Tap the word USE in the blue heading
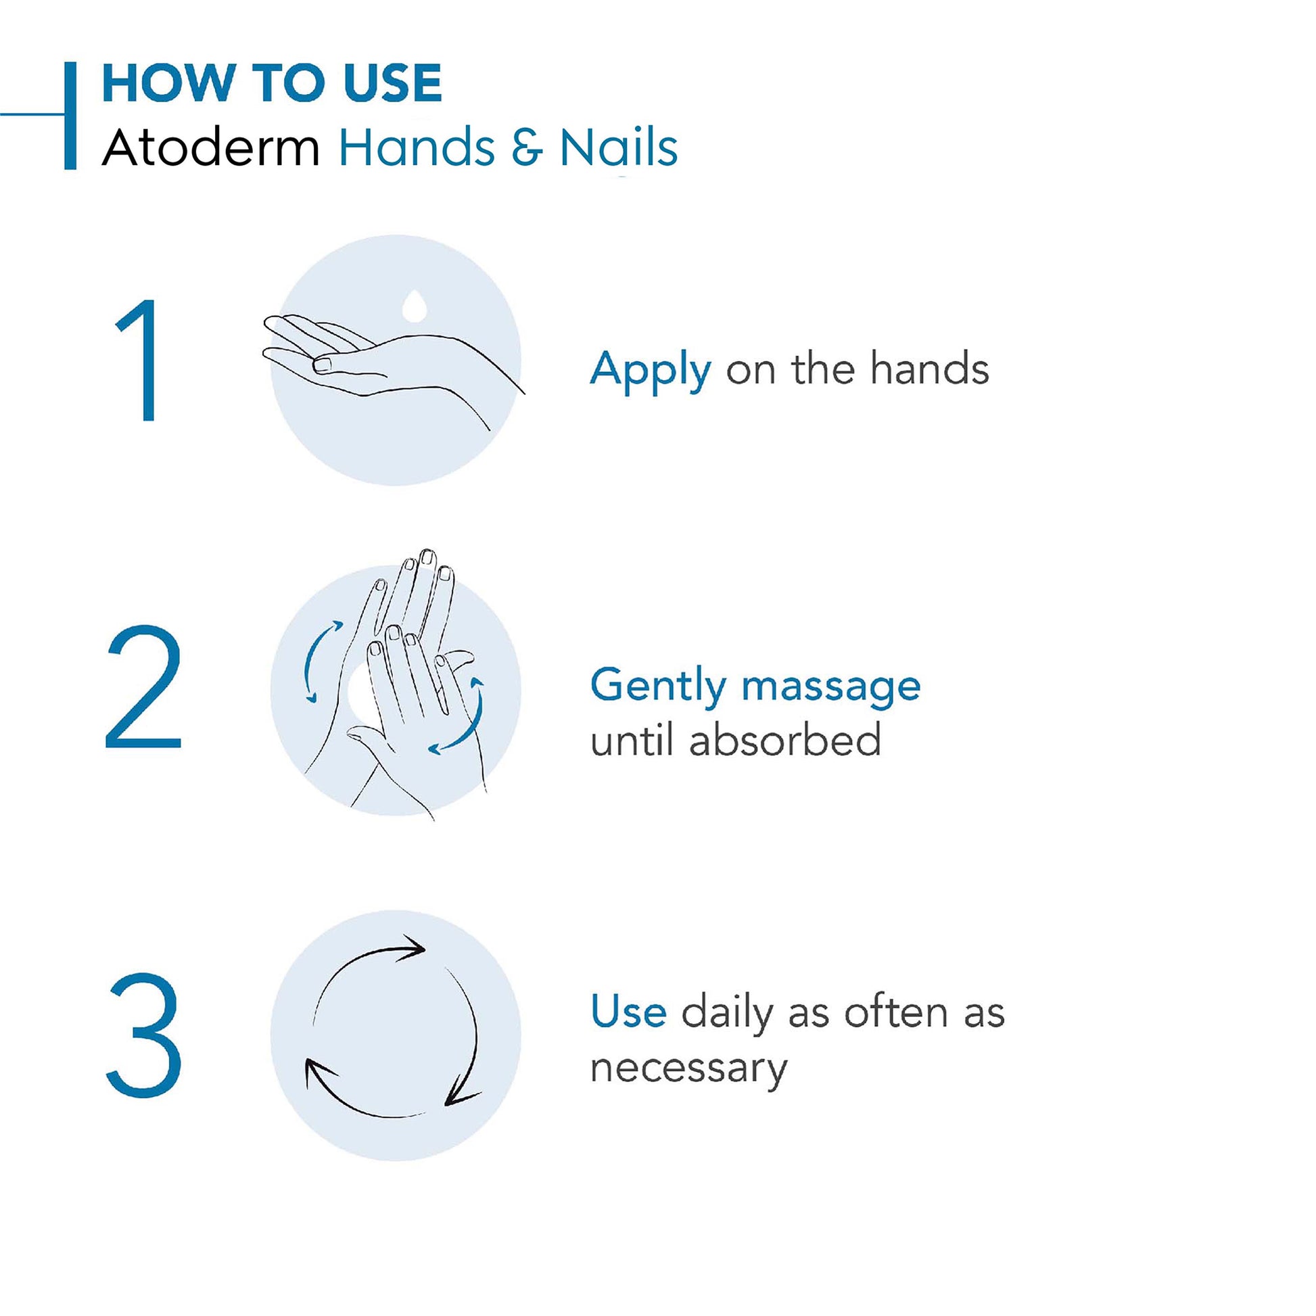point(393,83)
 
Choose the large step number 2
point(143,687)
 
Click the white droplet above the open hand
point(414,305)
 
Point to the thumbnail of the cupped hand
point(321,365)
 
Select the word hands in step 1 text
point(929,369)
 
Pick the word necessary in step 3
point(688,1068)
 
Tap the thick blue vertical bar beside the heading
point(70,115)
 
